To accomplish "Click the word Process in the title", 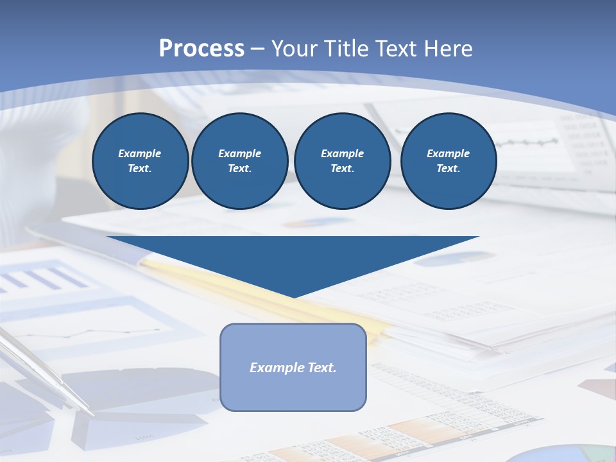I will tap(201, 48).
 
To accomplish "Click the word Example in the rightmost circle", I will tap(448, 153).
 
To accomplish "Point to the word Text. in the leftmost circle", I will tap(140, 169).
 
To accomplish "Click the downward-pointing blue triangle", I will tap(293, 257).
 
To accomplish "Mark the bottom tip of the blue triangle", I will tap(293, 296).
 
